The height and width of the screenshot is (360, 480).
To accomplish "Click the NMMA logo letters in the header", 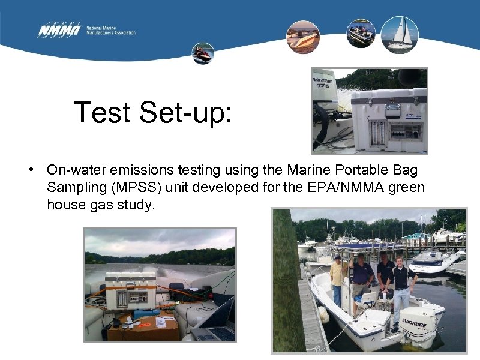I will (59, 29).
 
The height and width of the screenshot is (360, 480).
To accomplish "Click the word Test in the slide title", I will (102, 112).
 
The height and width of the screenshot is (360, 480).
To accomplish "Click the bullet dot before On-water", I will (31, 170).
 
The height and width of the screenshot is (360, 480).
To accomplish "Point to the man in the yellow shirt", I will (338, 276).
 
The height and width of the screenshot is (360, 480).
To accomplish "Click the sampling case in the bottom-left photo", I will (131, 290).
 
